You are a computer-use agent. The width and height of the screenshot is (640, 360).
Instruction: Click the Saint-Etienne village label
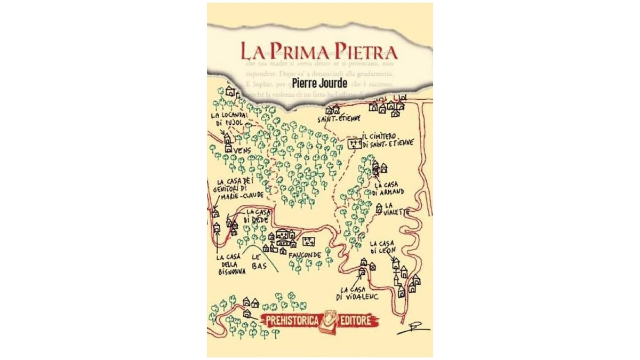(339, 118)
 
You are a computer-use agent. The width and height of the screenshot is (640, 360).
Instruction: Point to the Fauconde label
(305, 255)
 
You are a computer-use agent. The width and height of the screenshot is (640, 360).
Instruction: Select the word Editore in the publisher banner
(359, 320)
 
